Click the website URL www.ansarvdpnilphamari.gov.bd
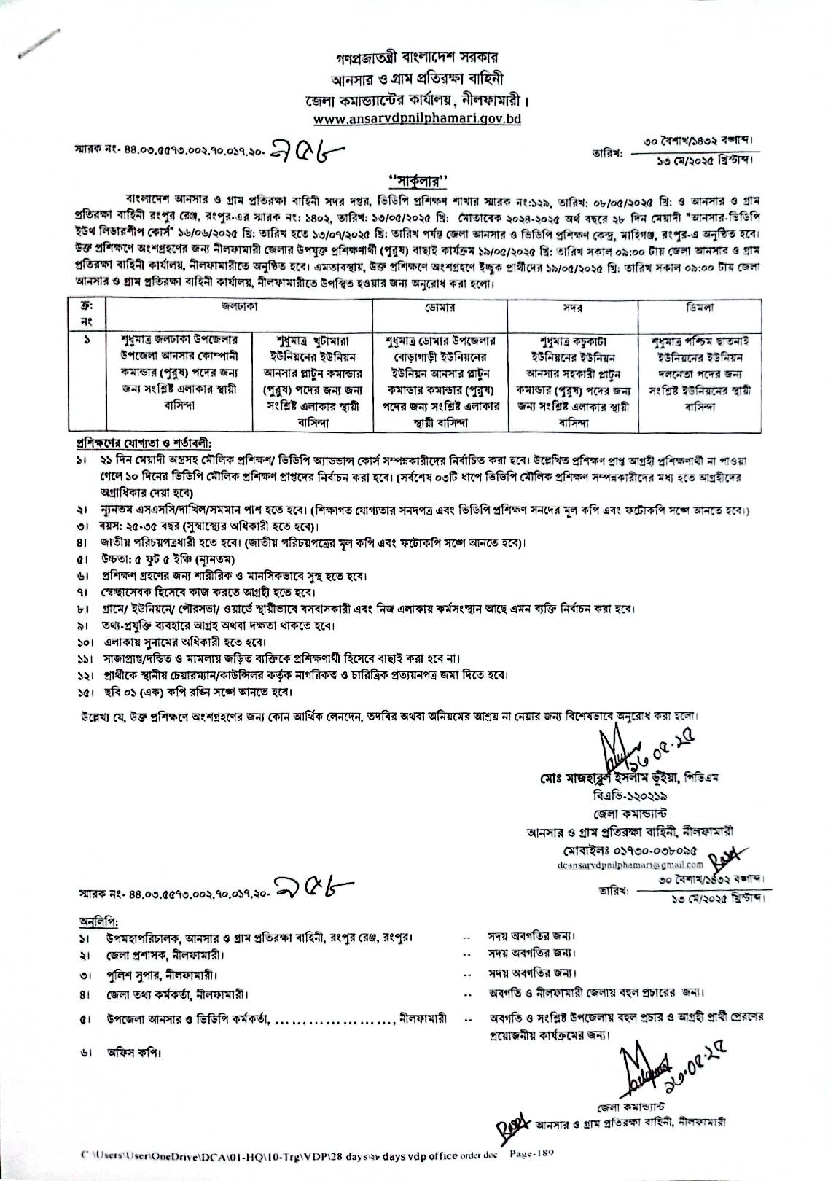pyautogui.click(x=416, y=118)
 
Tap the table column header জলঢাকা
pyautogui.click(x=238, y=309)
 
